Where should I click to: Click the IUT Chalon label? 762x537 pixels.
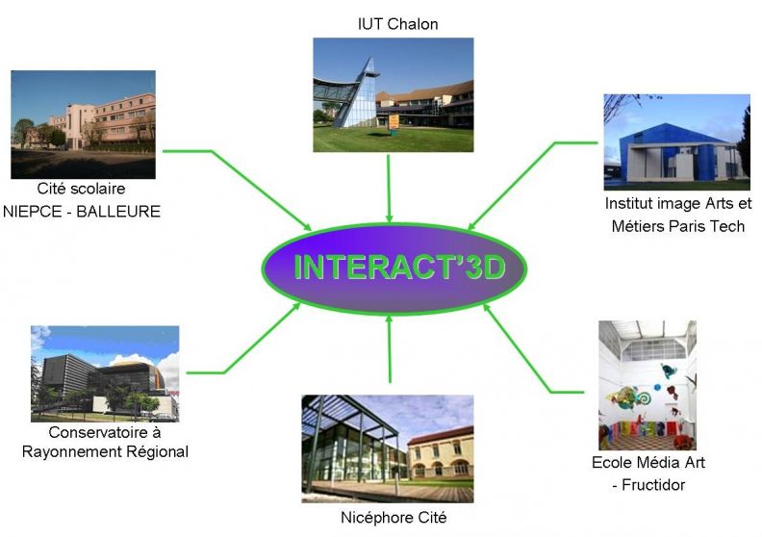tap(397, 24)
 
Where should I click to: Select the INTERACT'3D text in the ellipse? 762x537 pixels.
tap(399, 267)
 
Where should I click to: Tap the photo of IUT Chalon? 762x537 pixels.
tap(394, 94)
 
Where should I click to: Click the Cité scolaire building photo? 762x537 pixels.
tap(83, 124)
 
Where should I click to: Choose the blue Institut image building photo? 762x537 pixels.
tap(677, 141)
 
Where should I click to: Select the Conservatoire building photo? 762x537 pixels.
tap(105, 373)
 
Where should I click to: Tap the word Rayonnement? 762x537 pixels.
tap(71, 451)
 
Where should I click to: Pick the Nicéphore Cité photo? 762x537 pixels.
tap(388, 448)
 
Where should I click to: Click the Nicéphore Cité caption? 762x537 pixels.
tap(394, 518)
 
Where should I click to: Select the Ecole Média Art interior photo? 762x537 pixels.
tap(648, 385)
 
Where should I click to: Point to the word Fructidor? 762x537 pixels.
tap(653, 484)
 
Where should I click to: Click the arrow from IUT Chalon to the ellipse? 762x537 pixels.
tap(389, 189)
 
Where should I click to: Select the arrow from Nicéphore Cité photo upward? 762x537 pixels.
tap(389, 349)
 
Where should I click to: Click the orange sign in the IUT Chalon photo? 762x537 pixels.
tap(394, 121)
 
